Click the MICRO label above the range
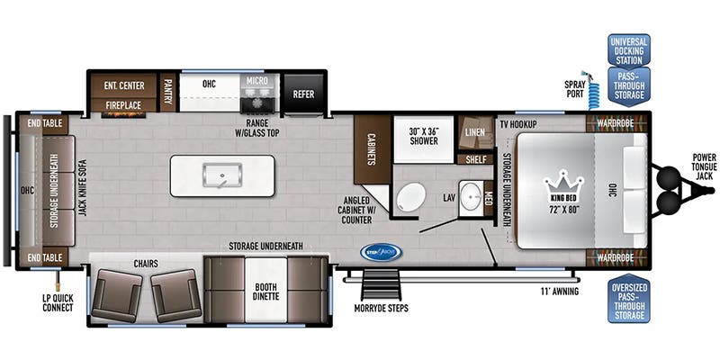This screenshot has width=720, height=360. tap(261, 82)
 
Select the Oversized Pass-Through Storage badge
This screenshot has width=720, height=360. tap(628, 301)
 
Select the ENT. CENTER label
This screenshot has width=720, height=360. tap(124, 85)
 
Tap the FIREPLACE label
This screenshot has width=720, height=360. tap(123, 105)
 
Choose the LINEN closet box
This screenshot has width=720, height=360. tap(475, 132)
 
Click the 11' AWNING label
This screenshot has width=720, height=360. tap(559, 292)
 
